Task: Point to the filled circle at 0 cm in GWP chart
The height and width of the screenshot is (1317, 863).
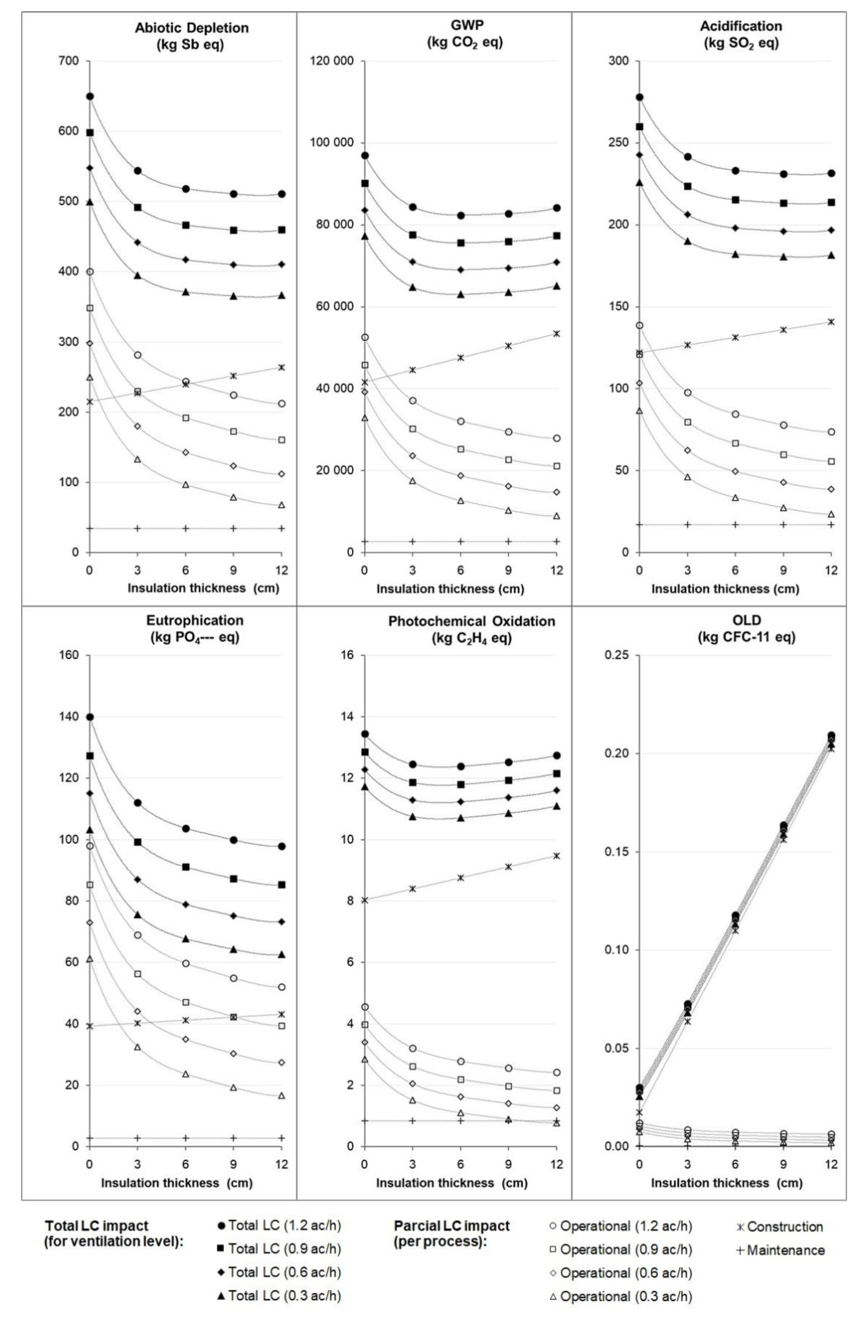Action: (x=364, y=155)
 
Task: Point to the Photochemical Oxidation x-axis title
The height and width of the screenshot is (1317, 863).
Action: (x=451, y=1183)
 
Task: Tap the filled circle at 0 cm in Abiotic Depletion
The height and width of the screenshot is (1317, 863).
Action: (x=90, y=96)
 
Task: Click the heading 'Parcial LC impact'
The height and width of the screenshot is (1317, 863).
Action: (x=451, y=1232)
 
